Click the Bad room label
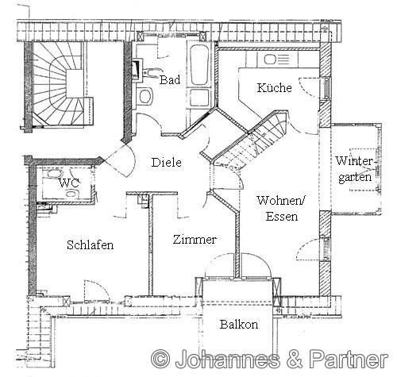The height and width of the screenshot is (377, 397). pyautogui.click(x=170, y=80)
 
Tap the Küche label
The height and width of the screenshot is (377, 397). pyautogui.click(x=273, y=88)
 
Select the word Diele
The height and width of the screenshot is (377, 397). pyautogui.click(x=166, y=162)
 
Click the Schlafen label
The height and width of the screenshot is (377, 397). pyautogui.click(x=90, y=245)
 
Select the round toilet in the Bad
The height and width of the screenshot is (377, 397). pyautogui.click(x=145, y=97)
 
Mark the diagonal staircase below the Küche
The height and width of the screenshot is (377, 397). pyautogui.click(x=249, y=143)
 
